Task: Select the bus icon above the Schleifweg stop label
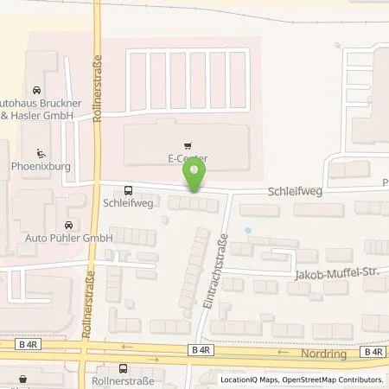pos(128,190)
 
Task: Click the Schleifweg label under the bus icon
pos(128,204)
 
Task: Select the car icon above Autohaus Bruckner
pos(35,90)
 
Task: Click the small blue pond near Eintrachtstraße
pos(249,231)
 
